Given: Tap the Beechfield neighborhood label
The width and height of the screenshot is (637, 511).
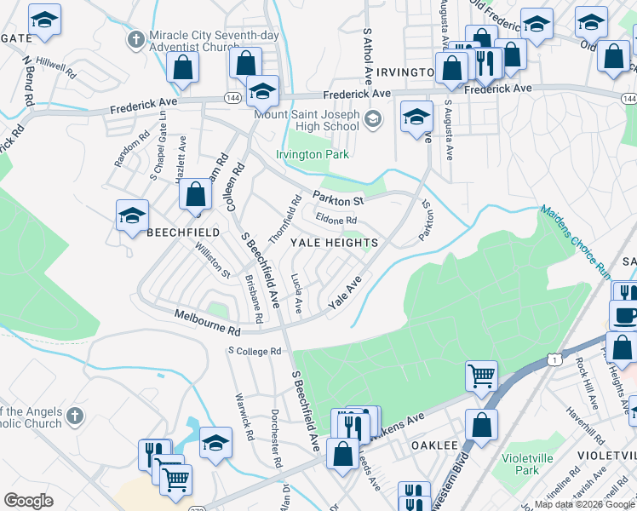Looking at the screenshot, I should [184, 232].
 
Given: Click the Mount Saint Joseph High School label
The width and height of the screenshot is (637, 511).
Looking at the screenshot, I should [307, 120].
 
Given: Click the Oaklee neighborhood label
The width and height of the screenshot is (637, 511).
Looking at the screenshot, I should [435, 445].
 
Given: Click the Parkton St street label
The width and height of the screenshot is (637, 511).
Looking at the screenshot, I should [337, 198].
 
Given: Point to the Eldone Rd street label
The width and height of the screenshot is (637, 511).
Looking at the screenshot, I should [336, 221].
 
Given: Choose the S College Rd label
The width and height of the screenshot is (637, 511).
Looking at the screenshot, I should [254, 351].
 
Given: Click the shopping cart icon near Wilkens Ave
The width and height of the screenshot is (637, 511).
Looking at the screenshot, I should [481, 375].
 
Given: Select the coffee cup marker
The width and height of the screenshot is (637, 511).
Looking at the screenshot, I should [625, 315].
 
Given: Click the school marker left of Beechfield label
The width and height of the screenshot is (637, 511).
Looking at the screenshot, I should [133, 216].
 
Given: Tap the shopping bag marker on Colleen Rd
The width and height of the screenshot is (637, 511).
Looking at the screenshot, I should [196, 195].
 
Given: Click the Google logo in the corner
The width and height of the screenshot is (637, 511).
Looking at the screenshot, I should [28, 501].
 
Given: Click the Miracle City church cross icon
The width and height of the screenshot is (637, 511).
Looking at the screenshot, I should [135, 39].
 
